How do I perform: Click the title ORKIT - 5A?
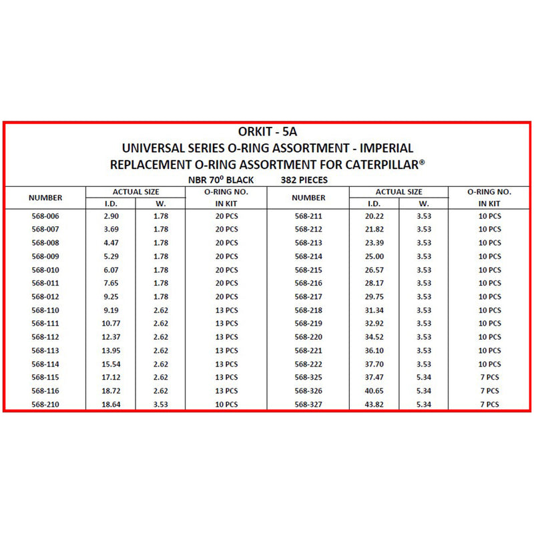tap(266, 131)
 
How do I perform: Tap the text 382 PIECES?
tap(304, 180)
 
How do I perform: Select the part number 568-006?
tap(45, 216)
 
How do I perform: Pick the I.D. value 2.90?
tap(111, 216)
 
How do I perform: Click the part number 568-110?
tap(45, 310)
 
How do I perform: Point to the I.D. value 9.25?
tap(111, 296)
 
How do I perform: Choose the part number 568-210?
tap(45, 405)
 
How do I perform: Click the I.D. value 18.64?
tap(111, 405)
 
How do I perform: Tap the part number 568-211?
tap(308, 216)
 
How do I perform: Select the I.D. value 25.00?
tap(374, 256)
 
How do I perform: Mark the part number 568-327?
tap(308, 405)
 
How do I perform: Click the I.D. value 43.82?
tap(374, 405)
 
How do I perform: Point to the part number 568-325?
tap(308, 377)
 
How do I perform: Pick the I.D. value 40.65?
tap(374, 390)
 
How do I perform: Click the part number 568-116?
tap(45, 390)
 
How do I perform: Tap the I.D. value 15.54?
tap(111, 364)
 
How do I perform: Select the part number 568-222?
tap(308, 364)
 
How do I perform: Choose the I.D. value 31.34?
tap(374, 310)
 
